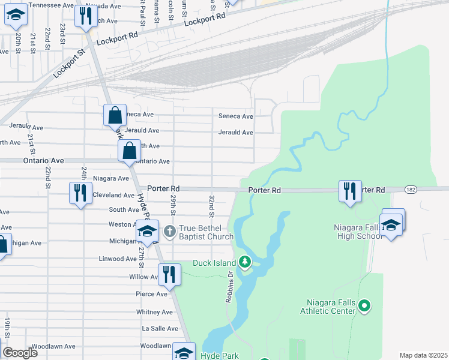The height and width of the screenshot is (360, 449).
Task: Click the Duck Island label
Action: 215,263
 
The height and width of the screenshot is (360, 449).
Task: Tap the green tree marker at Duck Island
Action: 245,262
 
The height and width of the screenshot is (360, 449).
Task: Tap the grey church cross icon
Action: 170,230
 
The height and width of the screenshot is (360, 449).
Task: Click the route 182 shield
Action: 410,190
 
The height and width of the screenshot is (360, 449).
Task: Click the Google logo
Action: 20,353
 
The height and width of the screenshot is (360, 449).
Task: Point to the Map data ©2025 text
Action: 423,355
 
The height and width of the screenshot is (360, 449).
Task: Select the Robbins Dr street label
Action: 229,287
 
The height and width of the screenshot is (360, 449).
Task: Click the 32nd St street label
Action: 212,206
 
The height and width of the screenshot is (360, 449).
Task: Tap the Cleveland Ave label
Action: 113,195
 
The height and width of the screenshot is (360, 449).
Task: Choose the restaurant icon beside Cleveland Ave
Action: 80,193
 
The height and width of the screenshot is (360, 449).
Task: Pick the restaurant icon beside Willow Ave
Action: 169,274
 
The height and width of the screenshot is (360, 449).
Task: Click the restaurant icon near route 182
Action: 349,191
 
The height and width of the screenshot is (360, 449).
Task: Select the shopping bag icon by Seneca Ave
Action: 115,114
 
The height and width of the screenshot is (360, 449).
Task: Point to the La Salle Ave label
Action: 160,329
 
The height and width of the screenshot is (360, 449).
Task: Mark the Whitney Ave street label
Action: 155,312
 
